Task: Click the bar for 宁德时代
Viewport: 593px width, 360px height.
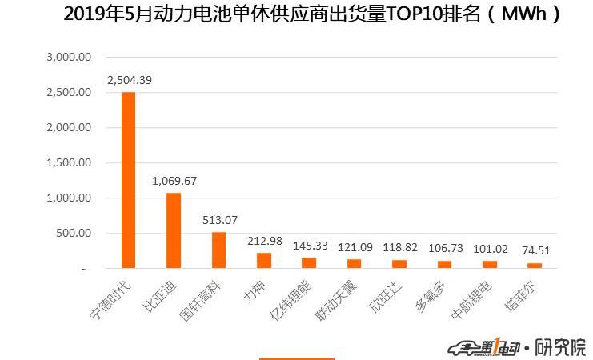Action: pyautogui.click(x=128, y=180)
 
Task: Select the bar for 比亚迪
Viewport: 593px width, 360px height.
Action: pyautogui.click(x=173, y=230)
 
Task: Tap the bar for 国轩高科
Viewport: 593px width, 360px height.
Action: pyautogui.click(x=218, y=250)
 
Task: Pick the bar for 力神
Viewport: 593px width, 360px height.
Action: pyautogui.click(x=263, y=261)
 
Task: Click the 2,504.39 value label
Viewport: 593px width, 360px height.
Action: pyautogui.click(x=130, y=80)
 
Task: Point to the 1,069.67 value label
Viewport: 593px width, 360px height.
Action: pyautogui.click(x=175, y=181)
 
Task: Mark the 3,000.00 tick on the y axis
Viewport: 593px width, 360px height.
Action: pyautogui.click(x=70, y=57)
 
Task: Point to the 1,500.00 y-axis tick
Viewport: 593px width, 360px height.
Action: pyautogui.click(x=70, y=162)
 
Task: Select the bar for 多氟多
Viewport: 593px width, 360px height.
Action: pyautogui.click(x=444, y=264)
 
